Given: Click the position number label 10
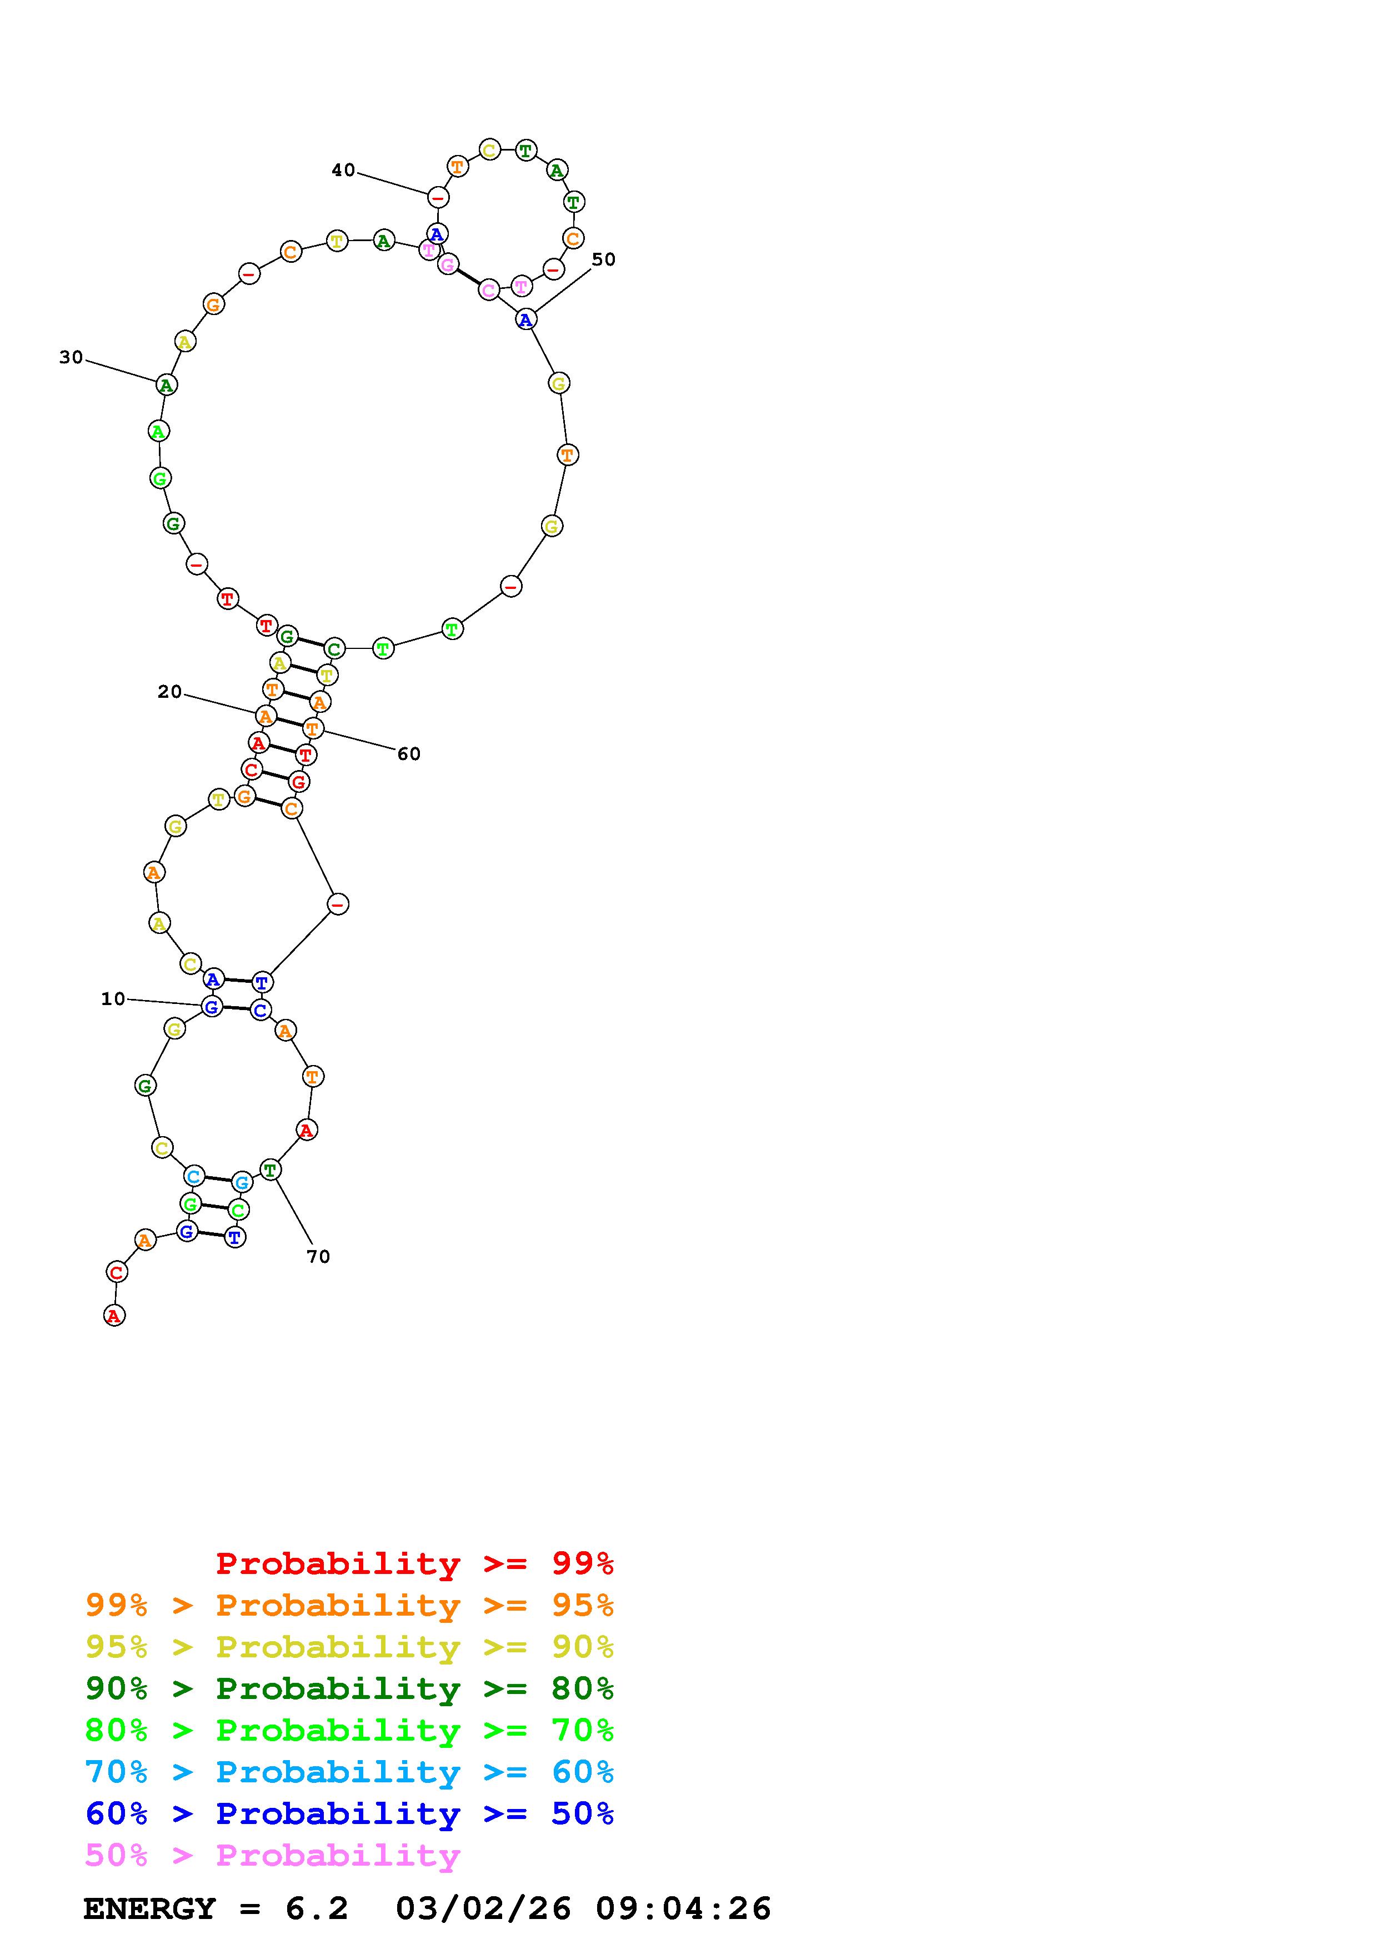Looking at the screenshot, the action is (113, 999).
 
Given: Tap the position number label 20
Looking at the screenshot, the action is (169, 692).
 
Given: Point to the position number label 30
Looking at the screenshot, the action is (71, 357).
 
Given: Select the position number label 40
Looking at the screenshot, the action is (343, 171).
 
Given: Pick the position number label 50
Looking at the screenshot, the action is (603, 260).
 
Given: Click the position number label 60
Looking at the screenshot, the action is (409, 754).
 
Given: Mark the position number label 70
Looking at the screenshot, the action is (318, 1256).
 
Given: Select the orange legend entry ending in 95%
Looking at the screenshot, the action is (349, 1605).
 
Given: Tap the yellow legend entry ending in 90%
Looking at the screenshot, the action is (349, 1647).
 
